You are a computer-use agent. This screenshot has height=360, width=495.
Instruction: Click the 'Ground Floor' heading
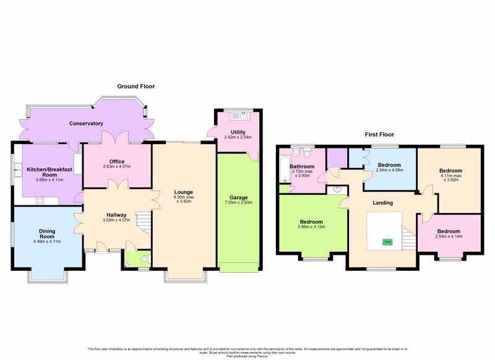coord(136,87)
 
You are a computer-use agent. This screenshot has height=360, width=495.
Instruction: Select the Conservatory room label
coord(86,124)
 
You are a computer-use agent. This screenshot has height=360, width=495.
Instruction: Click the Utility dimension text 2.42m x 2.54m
coord(238,138)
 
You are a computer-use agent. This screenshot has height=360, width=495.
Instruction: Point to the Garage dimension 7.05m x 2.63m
coord(238,202)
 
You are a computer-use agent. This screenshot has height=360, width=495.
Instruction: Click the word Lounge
coord(183,192)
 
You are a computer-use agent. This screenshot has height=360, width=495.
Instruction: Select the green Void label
coord(387,241)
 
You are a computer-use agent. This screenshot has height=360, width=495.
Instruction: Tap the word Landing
coord(384,203)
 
